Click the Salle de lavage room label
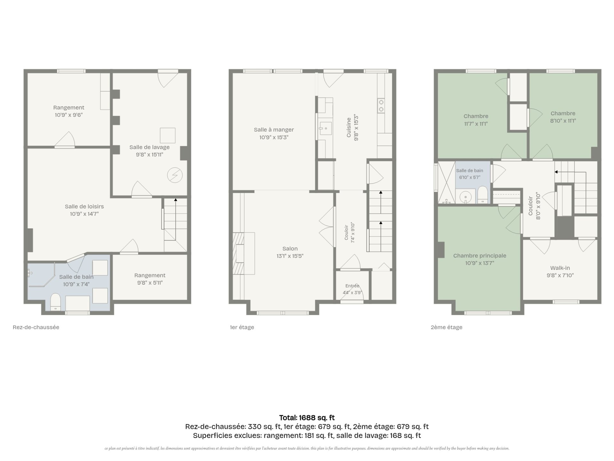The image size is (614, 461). pos(149,147)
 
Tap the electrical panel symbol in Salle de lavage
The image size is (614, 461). pos(175,175)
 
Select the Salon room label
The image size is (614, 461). pos(290,249)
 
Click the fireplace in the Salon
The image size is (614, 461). pos(244,254)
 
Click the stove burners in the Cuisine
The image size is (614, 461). pos(381,106)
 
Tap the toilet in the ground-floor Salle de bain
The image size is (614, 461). pos(56,302)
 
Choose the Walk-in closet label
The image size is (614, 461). pos(560,268)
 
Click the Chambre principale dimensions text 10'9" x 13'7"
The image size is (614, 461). pos(480,263)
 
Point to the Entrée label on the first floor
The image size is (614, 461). pos(352,286)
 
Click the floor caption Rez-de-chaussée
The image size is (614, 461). pos(36,327)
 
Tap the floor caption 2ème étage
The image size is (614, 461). pos(446,327)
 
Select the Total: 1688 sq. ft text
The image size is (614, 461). pos(307,417)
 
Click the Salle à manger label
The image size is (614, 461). pos(274,130)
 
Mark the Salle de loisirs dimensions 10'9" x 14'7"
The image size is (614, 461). pos(84,214)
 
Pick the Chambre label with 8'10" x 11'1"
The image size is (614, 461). pos(563,113)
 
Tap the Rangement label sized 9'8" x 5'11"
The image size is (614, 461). pos(150,275)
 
